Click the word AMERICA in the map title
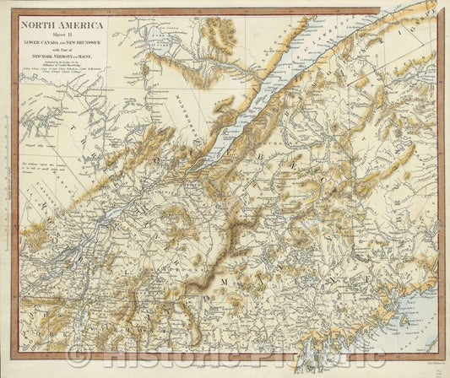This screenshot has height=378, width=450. pos(85,24)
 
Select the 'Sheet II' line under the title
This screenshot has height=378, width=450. pos(64,35)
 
